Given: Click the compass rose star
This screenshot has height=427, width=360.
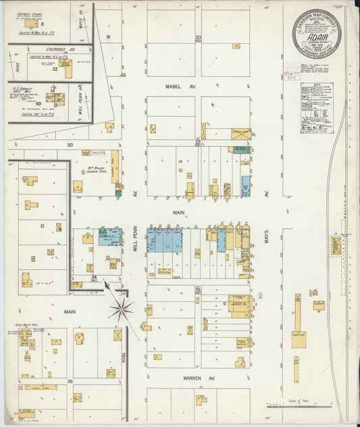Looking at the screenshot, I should click(x=122, y=311).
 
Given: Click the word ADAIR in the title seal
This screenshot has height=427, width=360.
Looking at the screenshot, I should click(x=317, y=39).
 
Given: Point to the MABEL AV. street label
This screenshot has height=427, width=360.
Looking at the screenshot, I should click(x=178, y=86).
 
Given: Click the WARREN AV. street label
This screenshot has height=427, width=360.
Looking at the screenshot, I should click(x=178, y=379).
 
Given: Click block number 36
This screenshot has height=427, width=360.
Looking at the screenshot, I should click(x=70, y=382).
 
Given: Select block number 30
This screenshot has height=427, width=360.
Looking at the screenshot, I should click(x=70, y=145).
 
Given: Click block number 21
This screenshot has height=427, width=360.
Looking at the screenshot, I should click(x=42, y=226).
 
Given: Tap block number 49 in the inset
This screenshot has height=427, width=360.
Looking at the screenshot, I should click(x=39, y=103).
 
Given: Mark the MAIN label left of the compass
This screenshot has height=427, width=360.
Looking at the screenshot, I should click(x=70, y=311).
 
